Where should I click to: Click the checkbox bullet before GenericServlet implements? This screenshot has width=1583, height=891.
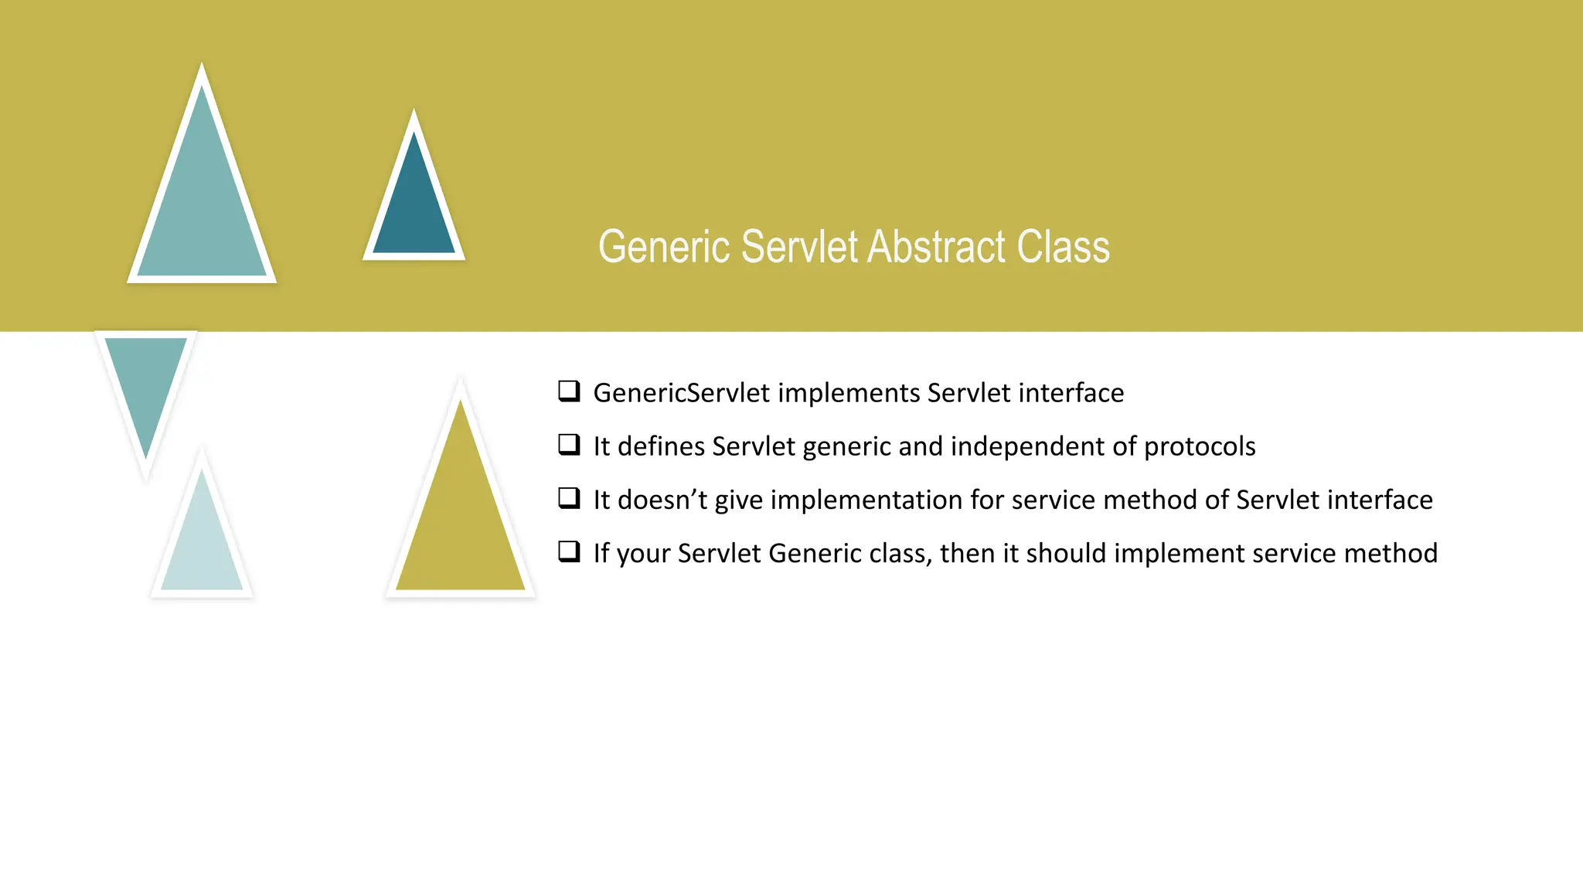point(569,391)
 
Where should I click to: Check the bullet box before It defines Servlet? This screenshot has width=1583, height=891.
point(569,444)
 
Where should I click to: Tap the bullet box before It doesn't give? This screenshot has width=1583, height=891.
point(569,497)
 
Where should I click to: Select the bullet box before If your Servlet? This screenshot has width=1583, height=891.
point(569,551)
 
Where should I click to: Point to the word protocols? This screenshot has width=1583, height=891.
point(1200,447)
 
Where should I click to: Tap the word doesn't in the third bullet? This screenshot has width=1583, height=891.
point(662,500)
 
